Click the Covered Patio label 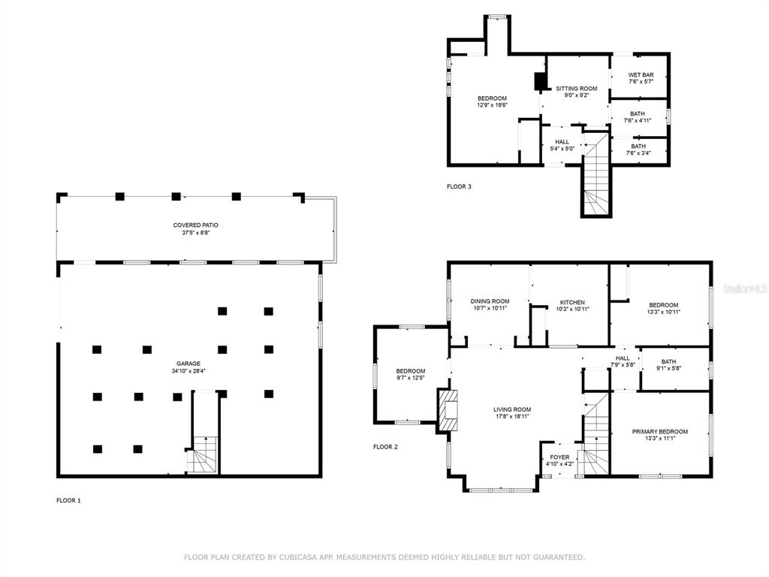pos(196,228)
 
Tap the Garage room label pos(188,367)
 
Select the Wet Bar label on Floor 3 pos(641,78)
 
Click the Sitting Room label pos(576,92)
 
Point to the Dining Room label pos(490,305)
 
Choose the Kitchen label pos(572,306)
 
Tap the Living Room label pos(512,412)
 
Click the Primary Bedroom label pos(659,435)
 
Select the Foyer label pos(559,461)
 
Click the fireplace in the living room pos(448,409)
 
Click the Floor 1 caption pos(68,500)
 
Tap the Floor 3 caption pos(459,186)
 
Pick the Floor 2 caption pos(385,447)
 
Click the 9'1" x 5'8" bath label pos(668,365)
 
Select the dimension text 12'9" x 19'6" pos(492,105)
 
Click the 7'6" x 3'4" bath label pos(638,150)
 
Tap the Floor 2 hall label pos(623,361)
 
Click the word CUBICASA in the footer pos(297,557)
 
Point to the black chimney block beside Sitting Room pos(540,81)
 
